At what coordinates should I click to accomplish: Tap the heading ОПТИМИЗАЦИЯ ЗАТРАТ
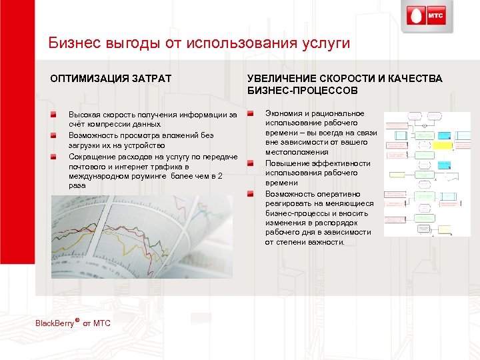point(111,79)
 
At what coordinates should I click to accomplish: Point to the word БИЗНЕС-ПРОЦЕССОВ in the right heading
point(303,90)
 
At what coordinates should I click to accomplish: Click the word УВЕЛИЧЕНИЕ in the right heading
point(280,79)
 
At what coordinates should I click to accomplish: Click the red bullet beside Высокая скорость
point(60,115)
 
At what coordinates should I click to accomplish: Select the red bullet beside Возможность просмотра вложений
point(60,135)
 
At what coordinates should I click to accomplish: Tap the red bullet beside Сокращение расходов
point(60,155)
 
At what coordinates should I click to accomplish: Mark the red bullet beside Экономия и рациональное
point(251,113)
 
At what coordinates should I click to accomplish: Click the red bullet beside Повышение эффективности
point(251,163)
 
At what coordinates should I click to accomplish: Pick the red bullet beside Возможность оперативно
point(251,193)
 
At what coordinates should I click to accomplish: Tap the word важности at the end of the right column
point(325,242)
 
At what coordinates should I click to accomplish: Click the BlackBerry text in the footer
point(57,323)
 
